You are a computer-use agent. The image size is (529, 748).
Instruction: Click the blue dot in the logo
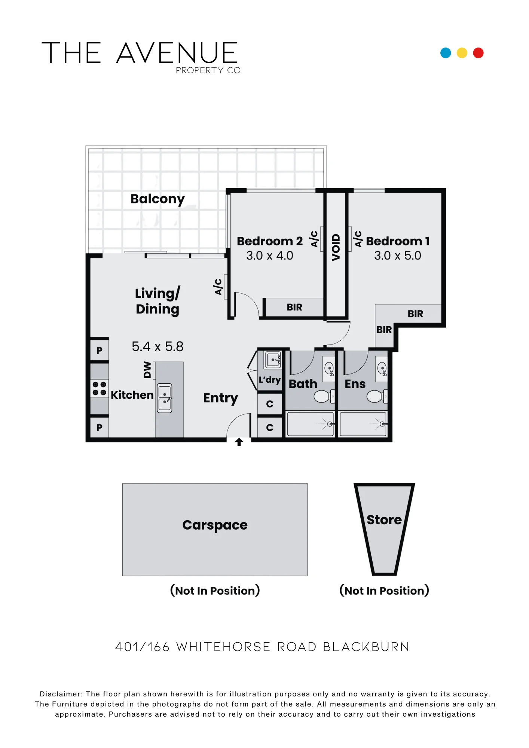click(x=446, y=53)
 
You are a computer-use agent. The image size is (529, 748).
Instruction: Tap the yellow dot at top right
click(x=462, y=53)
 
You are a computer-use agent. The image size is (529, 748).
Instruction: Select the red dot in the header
click(x=478, y=53)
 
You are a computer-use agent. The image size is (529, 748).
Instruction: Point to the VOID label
click(x=336, y=247)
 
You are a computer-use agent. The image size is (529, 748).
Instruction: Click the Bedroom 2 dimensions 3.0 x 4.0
click(x=270, y=256)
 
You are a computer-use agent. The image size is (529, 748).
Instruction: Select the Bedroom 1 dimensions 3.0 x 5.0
click(x=398, y=256)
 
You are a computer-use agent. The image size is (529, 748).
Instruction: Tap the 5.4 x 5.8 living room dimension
click(x=158, y=347)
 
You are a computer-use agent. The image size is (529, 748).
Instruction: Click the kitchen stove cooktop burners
click(x=100, y=389)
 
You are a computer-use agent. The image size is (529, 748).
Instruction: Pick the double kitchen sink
click(x=165, y=398)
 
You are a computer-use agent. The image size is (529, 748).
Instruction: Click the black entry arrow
click(x=239, y=442)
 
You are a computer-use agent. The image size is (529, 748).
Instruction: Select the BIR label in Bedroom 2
click(x=294, y=307)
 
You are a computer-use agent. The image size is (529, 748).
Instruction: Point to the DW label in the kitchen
click(x=147, y=370)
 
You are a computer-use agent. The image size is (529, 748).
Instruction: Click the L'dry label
click(x=270, y=380)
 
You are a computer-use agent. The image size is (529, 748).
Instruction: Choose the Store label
click(x=384, y=520)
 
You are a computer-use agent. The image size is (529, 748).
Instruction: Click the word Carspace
click(x=215, y=525)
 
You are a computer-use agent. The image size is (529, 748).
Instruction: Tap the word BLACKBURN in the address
click(x=366, y=647)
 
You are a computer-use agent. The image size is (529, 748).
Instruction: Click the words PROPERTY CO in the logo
click(x=208, y=70)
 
